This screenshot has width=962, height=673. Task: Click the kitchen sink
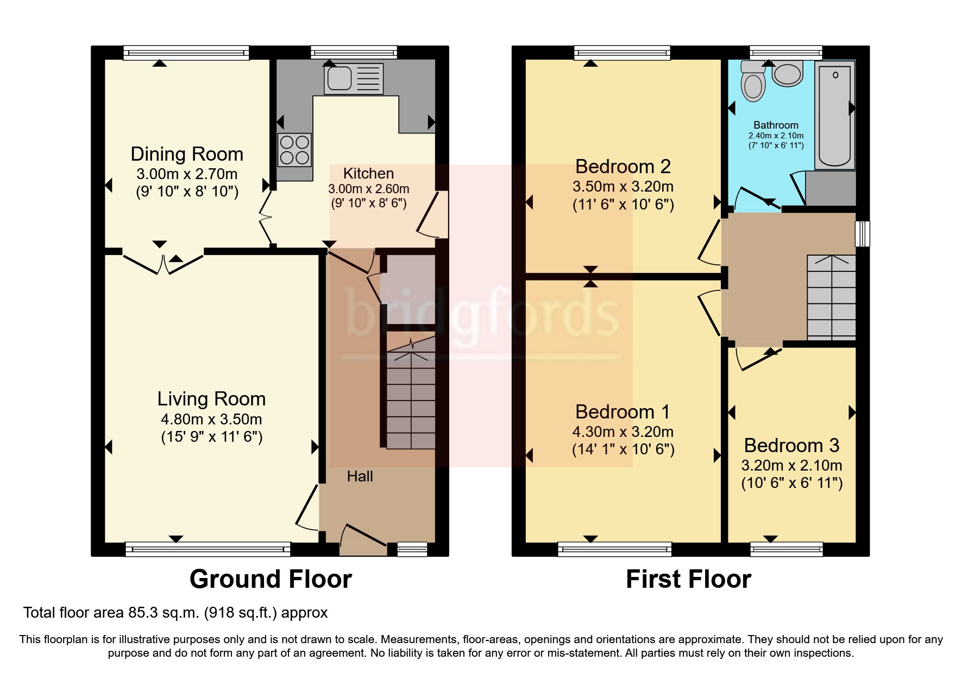pos(354,78)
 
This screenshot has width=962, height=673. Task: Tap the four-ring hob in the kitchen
pos(295,150)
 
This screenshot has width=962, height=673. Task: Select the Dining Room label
pos(187,154)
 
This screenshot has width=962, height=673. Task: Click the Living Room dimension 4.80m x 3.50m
pos(211,419)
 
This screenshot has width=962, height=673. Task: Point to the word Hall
pos(360,477)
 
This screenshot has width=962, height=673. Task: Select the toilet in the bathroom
pos(753,84)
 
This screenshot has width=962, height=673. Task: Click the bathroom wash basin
pos(787,74)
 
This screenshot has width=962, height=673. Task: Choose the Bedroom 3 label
pos(791,446)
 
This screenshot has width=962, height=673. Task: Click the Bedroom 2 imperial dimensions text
pos(623,205)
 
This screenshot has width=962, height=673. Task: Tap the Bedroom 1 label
pos(623,412)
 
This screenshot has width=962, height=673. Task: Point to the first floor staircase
pos(831,297)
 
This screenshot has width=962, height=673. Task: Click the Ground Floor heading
pos(271,579)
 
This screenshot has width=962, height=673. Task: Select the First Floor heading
pos(688,579)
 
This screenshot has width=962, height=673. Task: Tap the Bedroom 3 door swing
pos(758,358)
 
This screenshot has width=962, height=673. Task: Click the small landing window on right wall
pos(862,233)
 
